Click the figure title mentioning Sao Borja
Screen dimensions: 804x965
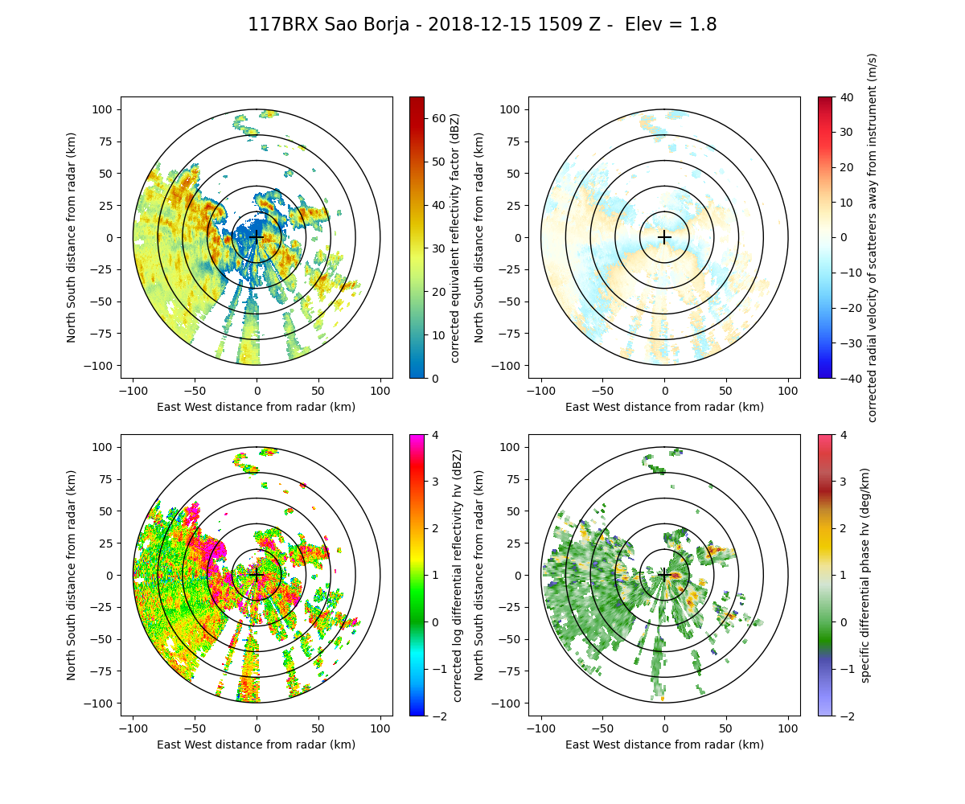482,25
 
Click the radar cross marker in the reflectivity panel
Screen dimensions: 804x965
257,237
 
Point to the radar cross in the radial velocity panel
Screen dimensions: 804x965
664,237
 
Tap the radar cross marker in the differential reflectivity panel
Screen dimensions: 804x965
257,575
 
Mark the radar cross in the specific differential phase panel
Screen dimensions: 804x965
664,575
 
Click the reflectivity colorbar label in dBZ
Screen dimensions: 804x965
455,237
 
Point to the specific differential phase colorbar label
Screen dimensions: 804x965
865,575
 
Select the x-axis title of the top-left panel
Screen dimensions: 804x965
257,407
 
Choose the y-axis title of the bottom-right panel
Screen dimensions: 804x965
480,575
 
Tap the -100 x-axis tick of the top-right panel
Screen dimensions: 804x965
540,390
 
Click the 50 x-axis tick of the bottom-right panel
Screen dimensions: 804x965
726,728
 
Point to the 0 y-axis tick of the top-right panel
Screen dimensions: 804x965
518,237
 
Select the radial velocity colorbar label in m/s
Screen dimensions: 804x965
872,237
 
